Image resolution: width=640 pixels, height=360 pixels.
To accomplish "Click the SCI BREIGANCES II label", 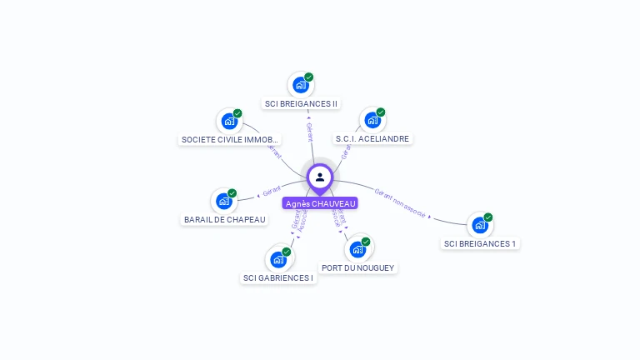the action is pyautogui.click(x=301, y=104).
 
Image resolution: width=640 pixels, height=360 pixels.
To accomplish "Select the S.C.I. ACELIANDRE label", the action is pyautogui.click(x=373, y=139).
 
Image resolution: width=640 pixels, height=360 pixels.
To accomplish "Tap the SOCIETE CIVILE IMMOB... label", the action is pyautogui.click(x=230, y=140).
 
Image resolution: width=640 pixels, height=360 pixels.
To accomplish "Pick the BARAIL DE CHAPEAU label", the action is pyautogui.click(x=224, y=220).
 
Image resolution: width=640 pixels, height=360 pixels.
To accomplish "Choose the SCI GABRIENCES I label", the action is pyautogui.click(x=278, y=278).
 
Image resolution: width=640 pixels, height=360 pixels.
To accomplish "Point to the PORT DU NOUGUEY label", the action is pyautogui.click(x=358, y=268).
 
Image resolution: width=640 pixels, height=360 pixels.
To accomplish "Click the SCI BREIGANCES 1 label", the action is pyautogui.click(x=480, y=244).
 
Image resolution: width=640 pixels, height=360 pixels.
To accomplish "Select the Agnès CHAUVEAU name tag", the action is pyautogui.click(x=320, y=203).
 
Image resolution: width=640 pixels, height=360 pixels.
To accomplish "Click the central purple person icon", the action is pyautogui.click(x=320, y=177).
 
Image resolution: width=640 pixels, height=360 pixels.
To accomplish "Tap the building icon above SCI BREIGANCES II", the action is pyautogui.click(x=300, y=85).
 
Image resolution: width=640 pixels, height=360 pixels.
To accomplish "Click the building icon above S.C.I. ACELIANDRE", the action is pyautogui.click(x=372, y=120).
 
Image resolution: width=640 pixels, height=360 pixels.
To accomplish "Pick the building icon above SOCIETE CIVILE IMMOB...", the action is pyautogui.click(x=229, y=121).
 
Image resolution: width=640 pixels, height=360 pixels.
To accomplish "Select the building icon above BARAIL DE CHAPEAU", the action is pyautogui.click(x=223, y=201).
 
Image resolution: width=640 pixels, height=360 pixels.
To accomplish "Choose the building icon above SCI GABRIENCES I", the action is pyautogui.click(x=277, y=259).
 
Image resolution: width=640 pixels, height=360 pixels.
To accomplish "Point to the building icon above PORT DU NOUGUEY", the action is pyautogui.click(x=357, y=249).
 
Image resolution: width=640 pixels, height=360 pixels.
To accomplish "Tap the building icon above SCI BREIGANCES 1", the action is pyautogui.click(x=479, y=225).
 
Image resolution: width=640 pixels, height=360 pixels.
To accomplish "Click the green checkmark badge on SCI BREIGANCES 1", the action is pyautogui.click(x=488, y=217).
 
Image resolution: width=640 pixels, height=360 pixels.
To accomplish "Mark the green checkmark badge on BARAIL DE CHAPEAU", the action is pyautogui.click(x=232, y=193).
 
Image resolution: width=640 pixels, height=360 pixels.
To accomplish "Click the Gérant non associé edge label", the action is pyautogui.click(x=400, y=203).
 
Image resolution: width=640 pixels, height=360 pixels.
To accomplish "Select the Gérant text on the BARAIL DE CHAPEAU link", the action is pyautogui.click(x=271, y=192).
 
